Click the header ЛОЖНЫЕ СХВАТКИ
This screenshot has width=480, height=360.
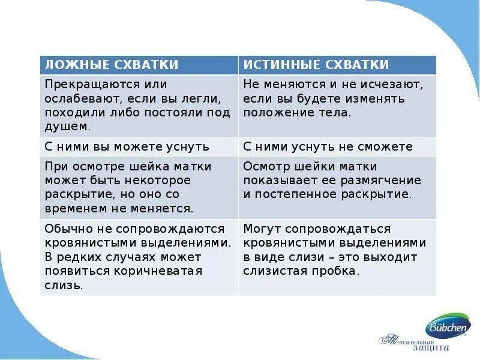pyautogui.click(x=112, y=65)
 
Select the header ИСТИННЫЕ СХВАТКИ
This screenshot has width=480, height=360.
pyautogui.click(x=316, y=65)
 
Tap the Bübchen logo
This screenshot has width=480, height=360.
pyautogui.click(x=448, y=328)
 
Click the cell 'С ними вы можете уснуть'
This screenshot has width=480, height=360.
pyautogui.click(x=127, y=146)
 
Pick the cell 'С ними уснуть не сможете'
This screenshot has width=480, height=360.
pyautogui.click(x=328, y=146)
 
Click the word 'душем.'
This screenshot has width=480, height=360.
pyautogui.click(x=68, y=126)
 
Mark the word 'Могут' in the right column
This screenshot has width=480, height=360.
pyautogui.click(x=262, y=229)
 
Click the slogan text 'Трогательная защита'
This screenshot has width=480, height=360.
pyautogui.click(x=414, y=343)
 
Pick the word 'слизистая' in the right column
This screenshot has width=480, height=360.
pyautogui.click(x=273, y=271)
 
